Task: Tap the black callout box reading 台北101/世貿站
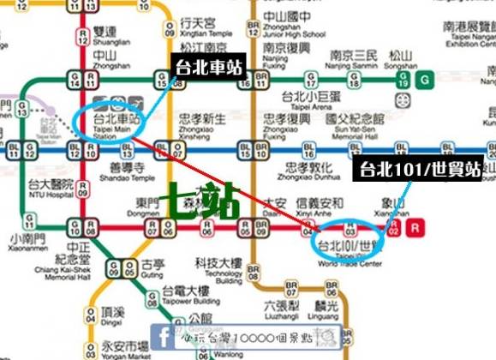pyautogui.click(x=420, y=169)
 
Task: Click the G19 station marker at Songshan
pyautogui.click(x=403, y=81)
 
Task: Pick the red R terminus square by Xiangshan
pyautogui.click(x=415, y=229)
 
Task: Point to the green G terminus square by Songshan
pyautogui.click(x=425, y=81)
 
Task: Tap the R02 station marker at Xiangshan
pyautogui.click(x=392, y=229)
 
